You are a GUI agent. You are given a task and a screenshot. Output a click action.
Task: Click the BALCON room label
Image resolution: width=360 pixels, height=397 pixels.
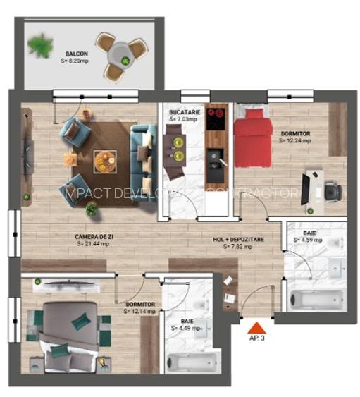77,54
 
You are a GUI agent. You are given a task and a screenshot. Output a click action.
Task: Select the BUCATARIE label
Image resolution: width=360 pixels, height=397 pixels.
185,112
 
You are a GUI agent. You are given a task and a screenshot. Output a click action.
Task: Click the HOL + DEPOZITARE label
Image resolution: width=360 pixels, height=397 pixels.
239,240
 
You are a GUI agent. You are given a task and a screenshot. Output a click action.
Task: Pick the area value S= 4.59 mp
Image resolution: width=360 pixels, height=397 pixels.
309,240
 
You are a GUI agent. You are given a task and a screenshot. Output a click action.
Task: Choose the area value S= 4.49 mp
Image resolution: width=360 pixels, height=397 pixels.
186,328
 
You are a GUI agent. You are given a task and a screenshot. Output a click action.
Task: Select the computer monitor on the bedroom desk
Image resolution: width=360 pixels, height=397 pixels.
306,188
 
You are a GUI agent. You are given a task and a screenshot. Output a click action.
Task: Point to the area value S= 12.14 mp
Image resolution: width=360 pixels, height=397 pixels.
138,310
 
